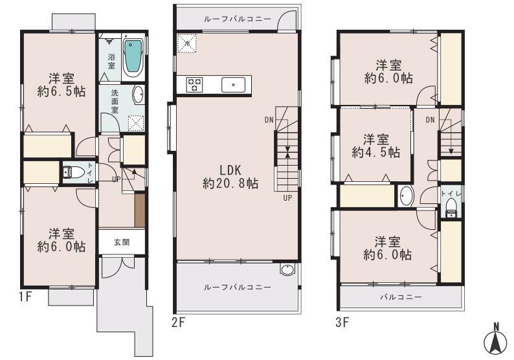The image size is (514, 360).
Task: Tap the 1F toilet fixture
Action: point(74,172)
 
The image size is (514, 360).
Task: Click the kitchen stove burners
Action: point(195,84)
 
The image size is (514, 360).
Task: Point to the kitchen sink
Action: point(233,84)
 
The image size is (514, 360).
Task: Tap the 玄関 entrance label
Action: point(121,243)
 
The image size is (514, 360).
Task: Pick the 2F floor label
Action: point(179,320)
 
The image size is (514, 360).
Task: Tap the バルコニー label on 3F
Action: point(401,298)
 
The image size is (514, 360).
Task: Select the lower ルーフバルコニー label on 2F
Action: point(237,287)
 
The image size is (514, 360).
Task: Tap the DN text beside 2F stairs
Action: point(268,120)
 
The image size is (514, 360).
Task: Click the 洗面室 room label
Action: point(114,101)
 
